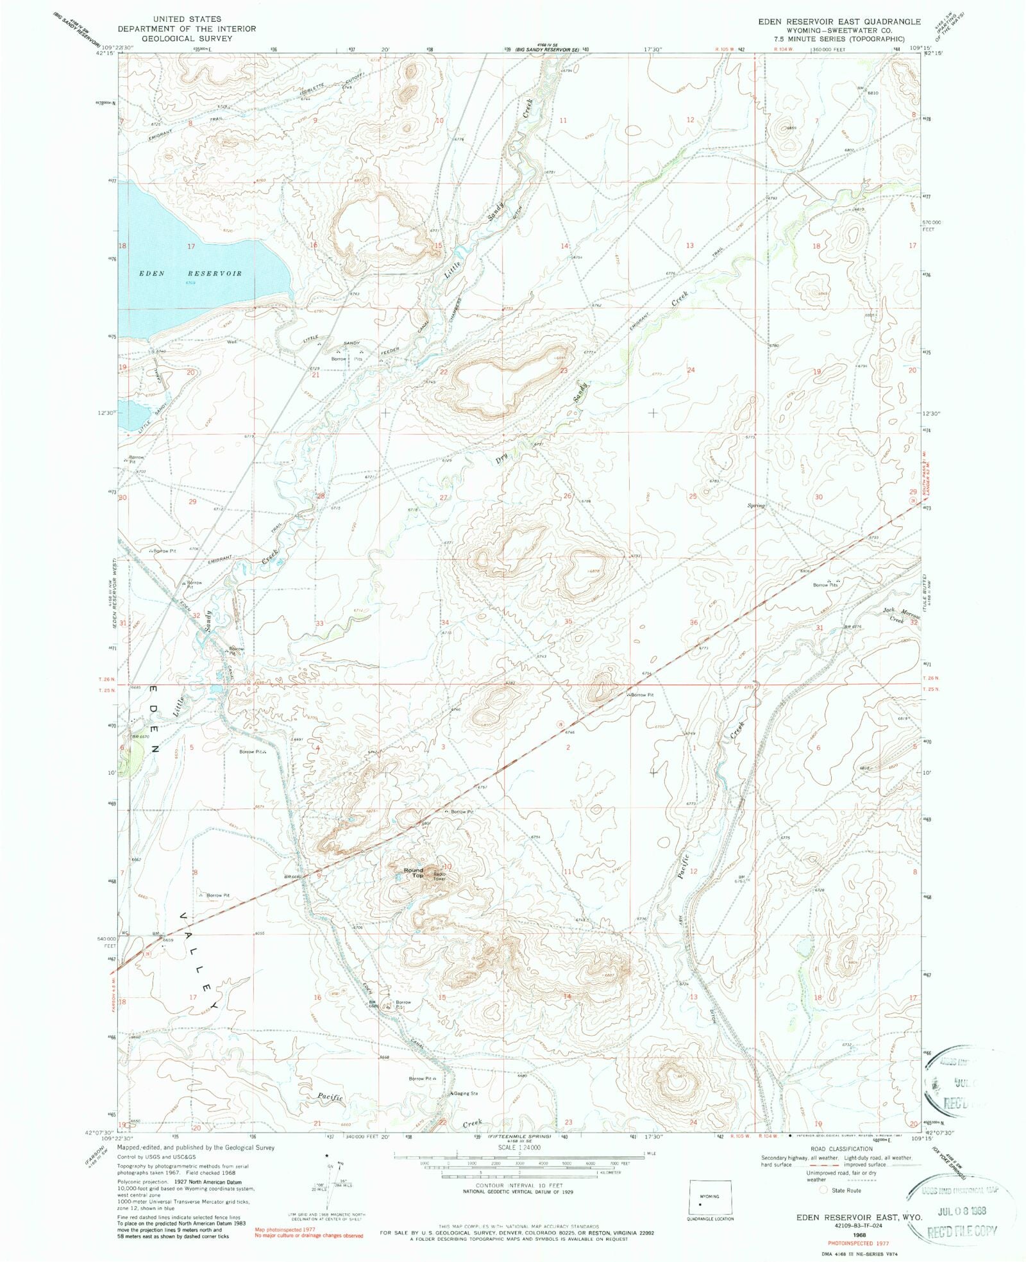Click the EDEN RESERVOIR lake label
click(190, 274)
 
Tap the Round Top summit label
click(414, 872)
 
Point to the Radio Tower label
click(439, 876)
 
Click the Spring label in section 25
click(756, 506)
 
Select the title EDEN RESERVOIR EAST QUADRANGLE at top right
click(839, 22)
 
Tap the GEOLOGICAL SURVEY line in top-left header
click(187, 38)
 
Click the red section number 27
click(443, 497)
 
